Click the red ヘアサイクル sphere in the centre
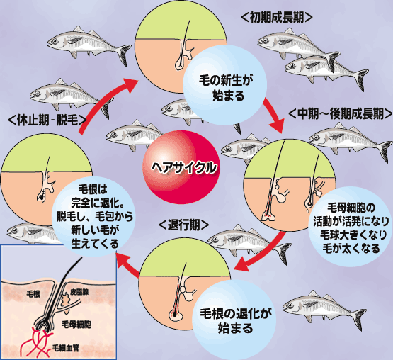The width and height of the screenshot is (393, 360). [181, 167]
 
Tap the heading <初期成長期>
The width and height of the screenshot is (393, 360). [277, 18]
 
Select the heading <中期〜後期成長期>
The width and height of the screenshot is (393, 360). [340, 113]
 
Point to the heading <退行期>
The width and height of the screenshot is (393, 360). [184, 225]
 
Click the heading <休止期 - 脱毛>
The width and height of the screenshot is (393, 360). [47, 120]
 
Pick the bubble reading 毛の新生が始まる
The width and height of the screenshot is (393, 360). [224, 85]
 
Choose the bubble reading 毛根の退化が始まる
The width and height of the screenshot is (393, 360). [234, 320]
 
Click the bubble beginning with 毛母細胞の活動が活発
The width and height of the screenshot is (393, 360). [351, 227]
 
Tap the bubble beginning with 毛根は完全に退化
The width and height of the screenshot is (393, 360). [93, 216]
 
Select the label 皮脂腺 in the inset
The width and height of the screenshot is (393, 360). [79, 292]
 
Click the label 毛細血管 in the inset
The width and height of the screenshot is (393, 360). [66, 348]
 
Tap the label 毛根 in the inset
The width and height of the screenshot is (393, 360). [33, 294]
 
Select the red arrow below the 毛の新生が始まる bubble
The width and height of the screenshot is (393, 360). [275, 116]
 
